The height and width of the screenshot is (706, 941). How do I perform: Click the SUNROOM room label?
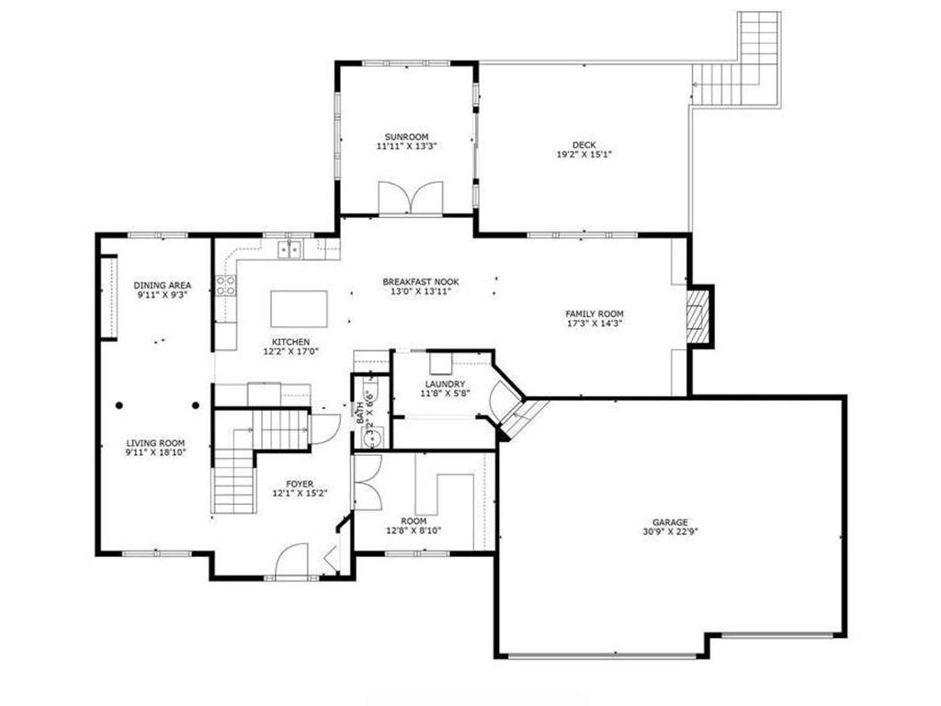tap(406, 137)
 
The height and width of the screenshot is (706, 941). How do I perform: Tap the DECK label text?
tap(584, 144)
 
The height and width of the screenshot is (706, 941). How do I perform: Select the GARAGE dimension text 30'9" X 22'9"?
tap(670, 531)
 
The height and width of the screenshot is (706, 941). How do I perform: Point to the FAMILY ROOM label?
tap(595, 313)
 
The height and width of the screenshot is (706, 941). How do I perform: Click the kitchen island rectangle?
tap(299, 309)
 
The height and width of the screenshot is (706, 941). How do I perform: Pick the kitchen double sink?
tap(289, 248)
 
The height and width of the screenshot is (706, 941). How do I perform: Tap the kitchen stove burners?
tap(226, 285)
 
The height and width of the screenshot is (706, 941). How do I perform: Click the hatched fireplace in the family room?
tap(697, 316)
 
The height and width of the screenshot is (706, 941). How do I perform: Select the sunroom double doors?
tap(411, 198)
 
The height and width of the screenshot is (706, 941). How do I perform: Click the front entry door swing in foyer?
tap(291, 561)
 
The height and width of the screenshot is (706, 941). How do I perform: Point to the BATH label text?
tap(359, 413)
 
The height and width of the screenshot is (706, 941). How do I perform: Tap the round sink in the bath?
tap(373, 440)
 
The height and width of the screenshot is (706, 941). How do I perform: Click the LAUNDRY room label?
tap(445, 384)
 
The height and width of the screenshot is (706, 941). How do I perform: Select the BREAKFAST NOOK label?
tap(421, 281)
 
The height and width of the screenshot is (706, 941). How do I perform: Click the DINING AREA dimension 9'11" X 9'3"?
tap(162, 295)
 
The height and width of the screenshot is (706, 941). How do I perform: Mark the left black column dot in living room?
tap(119, 405)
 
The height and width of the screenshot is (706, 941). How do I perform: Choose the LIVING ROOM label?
tap(155, 443)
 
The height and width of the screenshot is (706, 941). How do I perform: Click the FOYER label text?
tap(300, 484)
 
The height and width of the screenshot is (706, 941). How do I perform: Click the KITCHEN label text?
tap(290, 342)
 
